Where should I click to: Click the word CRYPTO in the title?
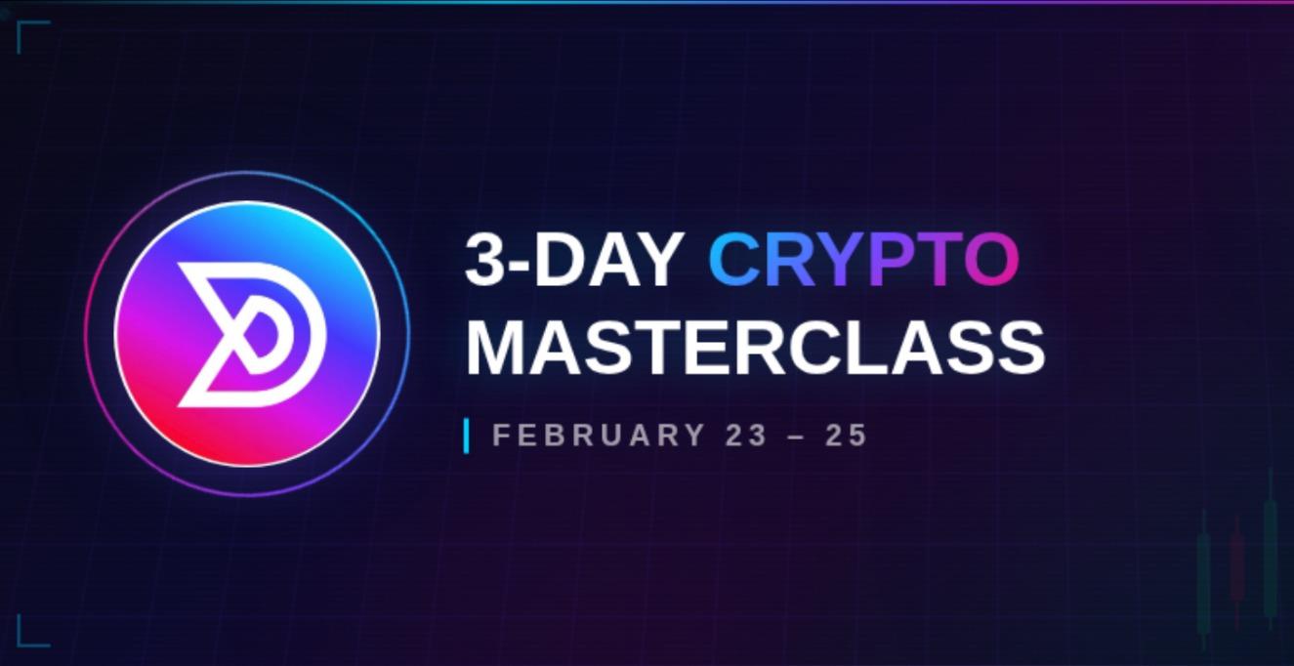point(863,260)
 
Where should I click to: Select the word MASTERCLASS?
point(755,347)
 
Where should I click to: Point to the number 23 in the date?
point(747,435)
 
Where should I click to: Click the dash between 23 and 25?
point(797,436)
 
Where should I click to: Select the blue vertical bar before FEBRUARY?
point(467,436)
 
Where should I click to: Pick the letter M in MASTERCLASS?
point(498,347)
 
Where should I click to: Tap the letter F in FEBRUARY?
point(501,435)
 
